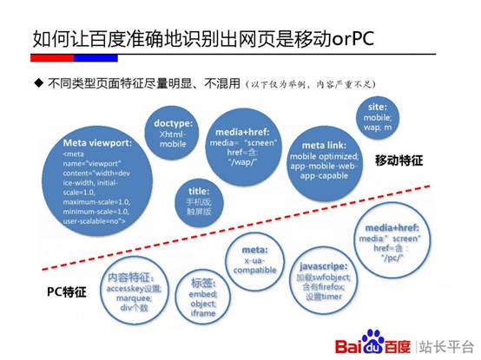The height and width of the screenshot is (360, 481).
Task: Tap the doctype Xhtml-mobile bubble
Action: pyautogui.click(x=173, y=132)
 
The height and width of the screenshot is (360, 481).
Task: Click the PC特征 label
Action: pyautogui.click(x=66, y=293)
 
